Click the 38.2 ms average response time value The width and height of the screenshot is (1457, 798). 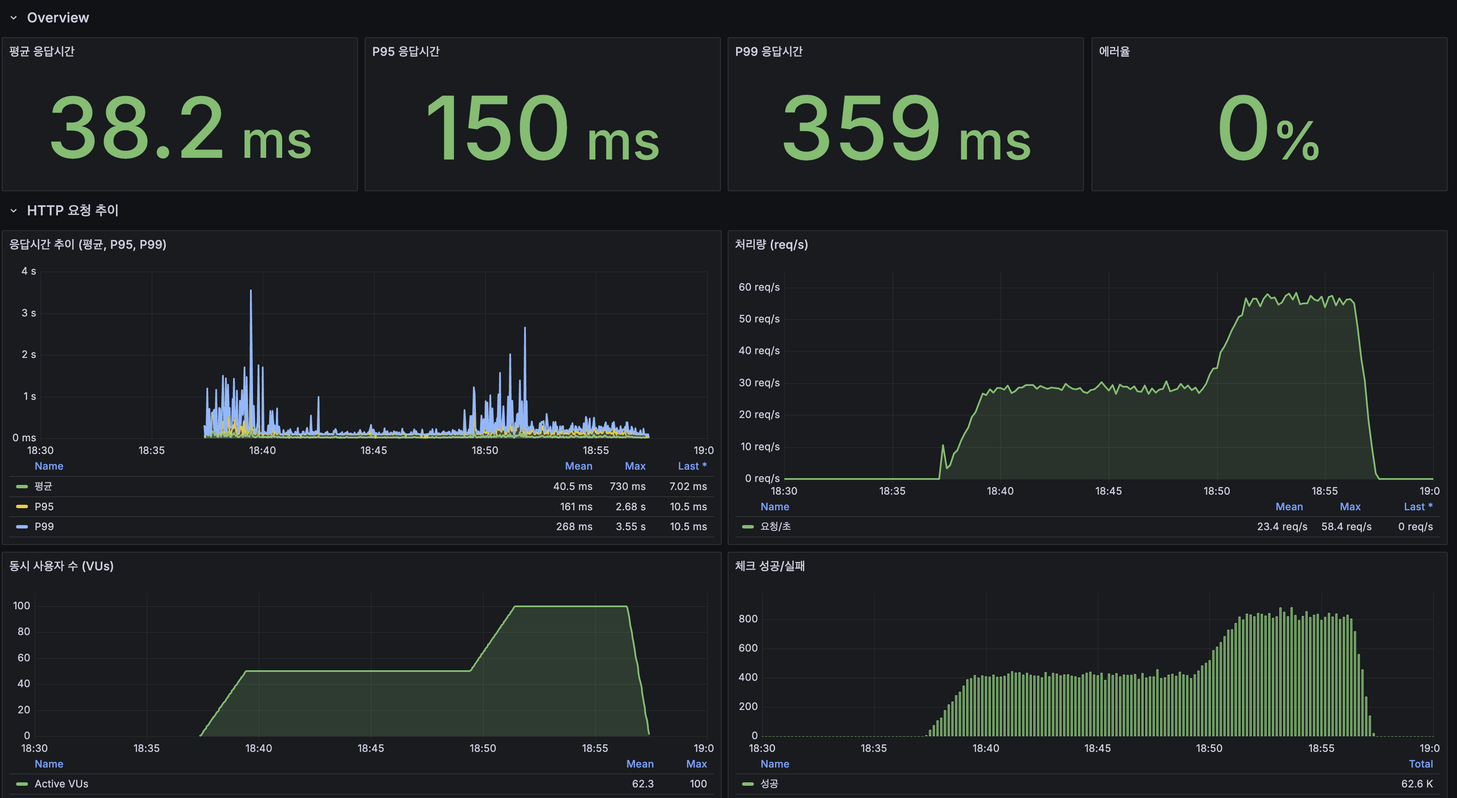(x=180, y=128)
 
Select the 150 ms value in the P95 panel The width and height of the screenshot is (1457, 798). (x=542, y=128)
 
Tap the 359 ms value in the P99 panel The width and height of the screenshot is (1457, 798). (x=905, y=128)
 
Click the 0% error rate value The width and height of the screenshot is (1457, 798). (x=1268, y=128)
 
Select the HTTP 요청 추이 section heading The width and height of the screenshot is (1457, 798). (x=72, y=210)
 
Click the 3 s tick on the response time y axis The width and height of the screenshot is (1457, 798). (x=28, y=313)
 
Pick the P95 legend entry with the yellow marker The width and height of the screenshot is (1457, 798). (x=44, y=506)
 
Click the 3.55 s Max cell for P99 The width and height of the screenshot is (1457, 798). (x=630, y=526)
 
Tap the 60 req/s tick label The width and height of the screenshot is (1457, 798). (x=759, y=287)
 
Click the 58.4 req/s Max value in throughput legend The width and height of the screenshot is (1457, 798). (x=1346, y=526)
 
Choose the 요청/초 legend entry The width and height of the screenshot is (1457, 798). (x=775, y=526)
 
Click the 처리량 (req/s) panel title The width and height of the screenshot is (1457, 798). (x=771, y=244)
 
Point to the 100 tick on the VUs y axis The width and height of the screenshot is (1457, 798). (x=22, y=606)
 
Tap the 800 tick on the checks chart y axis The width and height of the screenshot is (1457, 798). (x=747, y=619)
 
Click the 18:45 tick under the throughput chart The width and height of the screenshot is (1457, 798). (x=1108, y=491)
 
